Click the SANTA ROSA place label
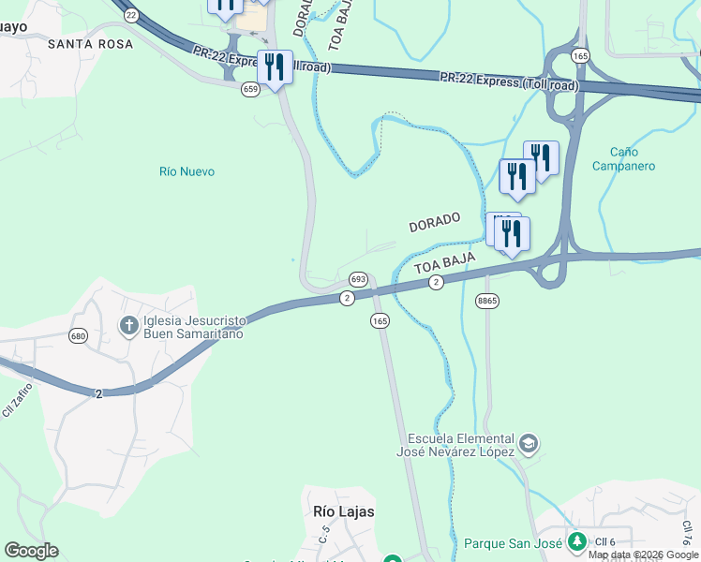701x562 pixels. (x=90, y=43)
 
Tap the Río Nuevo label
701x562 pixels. (x=186, y=171)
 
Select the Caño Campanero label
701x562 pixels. (x=623, y=159)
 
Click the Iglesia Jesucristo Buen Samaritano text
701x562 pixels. (x=193, y=327)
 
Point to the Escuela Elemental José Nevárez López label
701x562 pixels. (x=461, y=445)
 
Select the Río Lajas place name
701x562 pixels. (x=343, y=511)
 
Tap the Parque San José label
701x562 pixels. (x=512, y=543)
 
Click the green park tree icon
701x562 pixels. (x=578, y=541)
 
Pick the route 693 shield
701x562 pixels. (x=358, y=279)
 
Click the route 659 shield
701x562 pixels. (x=250, y=89)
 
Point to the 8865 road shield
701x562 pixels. (x=486, y=300)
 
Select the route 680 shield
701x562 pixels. (x=78, y=334)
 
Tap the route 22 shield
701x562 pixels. (x=130, y=15)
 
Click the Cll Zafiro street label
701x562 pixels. (x=16, y=398)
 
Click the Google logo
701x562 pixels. (x=31, y=551)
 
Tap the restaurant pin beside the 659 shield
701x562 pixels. (x=275, y=67)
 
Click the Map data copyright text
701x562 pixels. (x=644, y=555)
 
